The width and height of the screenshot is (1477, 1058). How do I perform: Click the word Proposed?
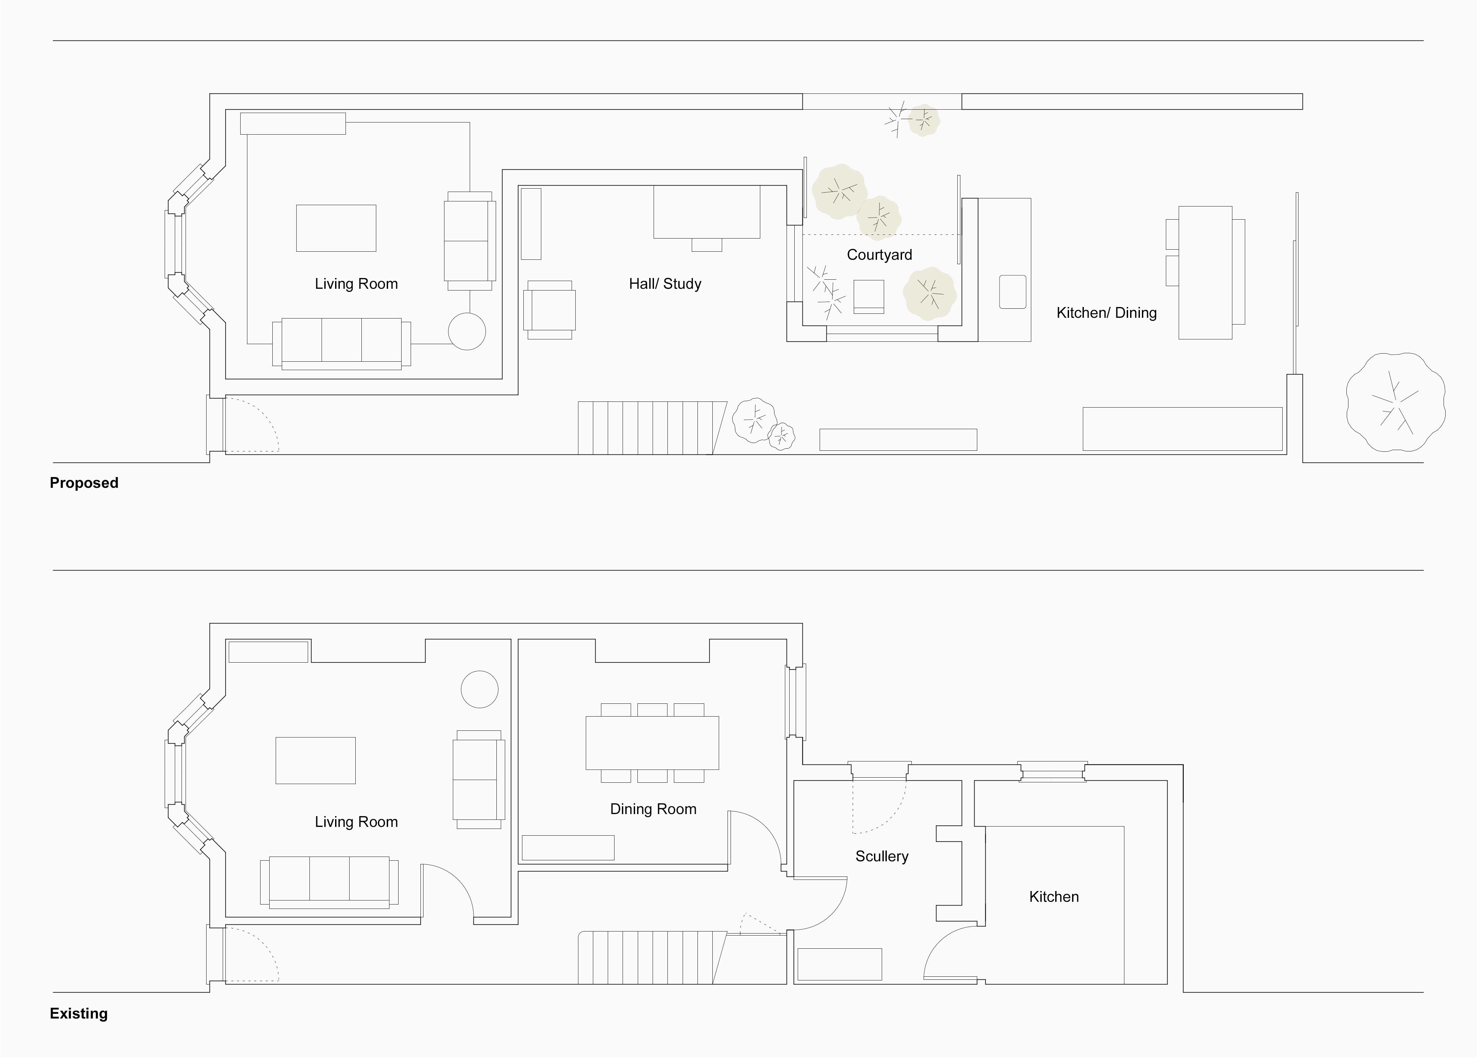coord(84,482)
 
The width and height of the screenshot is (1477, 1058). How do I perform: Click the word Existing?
coord(79,1013)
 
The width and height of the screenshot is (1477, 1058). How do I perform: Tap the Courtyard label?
coord(879,255)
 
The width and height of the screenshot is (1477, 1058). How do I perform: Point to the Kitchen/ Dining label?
coord(1106,312)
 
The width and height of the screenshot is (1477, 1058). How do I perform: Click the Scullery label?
coord(882,856)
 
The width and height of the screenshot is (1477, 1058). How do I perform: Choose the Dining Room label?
coord(653,809)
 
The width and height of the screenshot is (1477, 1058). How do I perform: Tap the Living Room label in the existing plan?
coord(356,822)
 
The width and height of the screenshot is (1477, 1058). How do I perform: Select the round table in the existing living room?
coord(479,689)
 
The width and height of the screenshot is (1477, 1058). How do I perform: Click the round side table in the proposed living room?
coord(467,331)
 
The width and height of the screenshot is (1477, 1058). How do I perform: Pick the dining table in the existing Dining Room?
coord(653,743)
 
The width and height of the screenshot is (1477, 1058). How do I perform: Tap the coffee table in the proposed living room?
coord(336,228)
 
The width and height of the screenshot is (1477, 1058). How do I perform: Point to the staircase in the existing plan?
coord(653,957)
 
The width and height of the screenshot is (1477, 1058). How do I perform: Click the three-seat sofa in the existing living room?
coord(330,882)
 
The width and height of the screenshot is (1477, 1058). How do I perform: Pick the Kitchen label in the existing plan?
coord(1054,896)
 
